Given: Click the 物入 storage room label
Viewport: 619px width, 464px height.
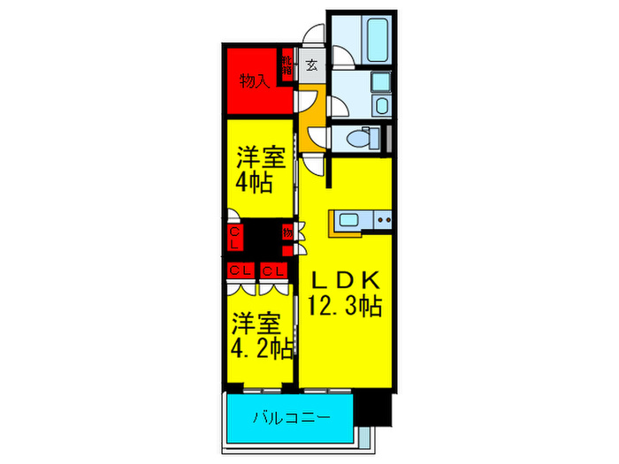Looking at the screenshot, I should pos(255,81).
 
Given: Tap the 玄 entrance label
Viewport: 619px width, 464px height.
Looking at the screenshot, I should pos(313,64).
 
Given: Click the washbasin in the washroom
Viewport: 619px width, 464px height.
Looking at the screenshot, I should pos(380,107).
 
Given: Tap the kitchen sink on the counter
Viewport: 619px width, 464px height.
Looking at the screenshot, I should pos(347,219).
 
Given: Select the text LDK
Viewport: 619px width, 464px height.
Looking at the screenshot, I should pos(345,281).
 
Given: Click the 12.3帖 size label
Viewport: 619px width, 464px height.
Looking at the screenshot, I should pos(345,308).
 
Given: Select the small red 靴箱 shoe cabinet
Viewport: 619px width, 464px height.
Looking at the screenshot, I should pos(288,65).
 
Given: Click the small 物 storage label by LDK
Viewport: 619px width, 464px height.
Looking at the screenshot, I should pos(288,232).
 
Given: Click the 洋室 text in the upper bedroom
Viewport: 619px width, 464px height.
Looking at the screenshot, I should pos(259,160).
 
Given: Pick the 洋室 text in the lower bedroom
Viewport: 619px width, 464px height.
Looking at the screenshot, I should pos(256,321).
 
